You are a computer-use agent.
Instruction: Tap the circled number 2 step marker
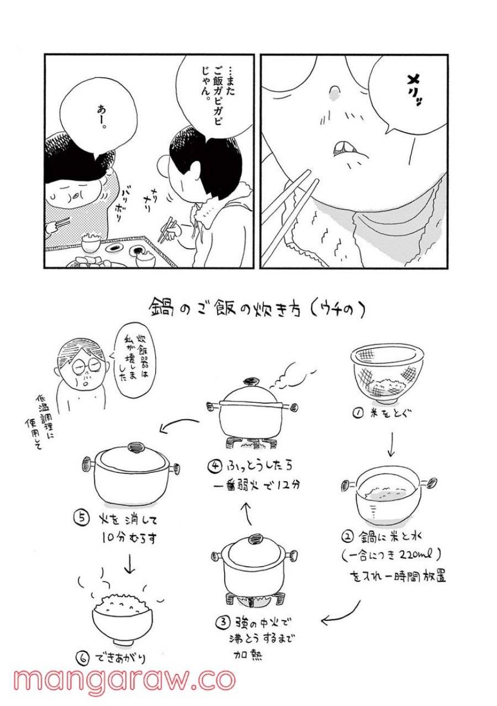pyautogui.click(x=347, y=535)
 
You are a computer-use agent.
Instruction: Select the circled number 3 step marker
pyautogui.click(x=221, y=622)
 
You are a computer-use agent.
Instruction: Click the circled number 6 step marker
pyautogui.click(x=82, y=658)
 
